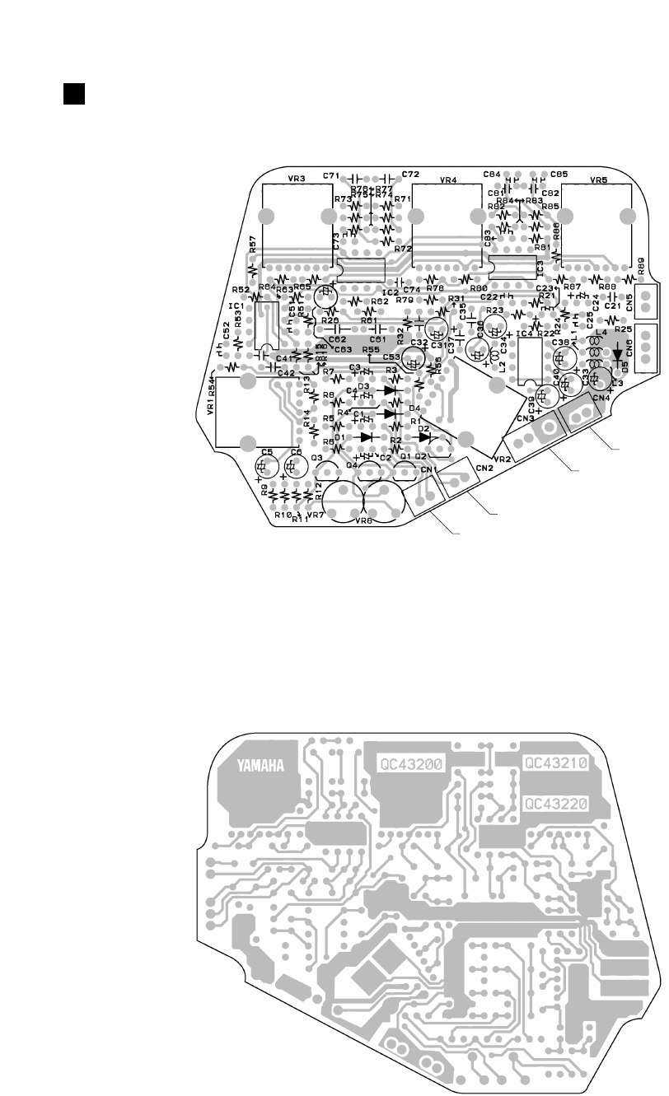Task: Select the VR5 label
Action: (x=598, y=179)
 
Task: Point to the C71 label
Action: (x=331, y=175)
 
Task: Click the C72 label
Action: (x=411, y=175)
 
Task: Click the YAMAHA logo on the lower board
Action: (x=261, y=766)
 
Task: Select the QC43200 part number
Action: (x=410, y=763)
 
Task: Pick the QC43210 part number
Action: (x=556, y=763)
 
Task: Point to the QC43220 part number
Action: (x=556, y=800)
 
